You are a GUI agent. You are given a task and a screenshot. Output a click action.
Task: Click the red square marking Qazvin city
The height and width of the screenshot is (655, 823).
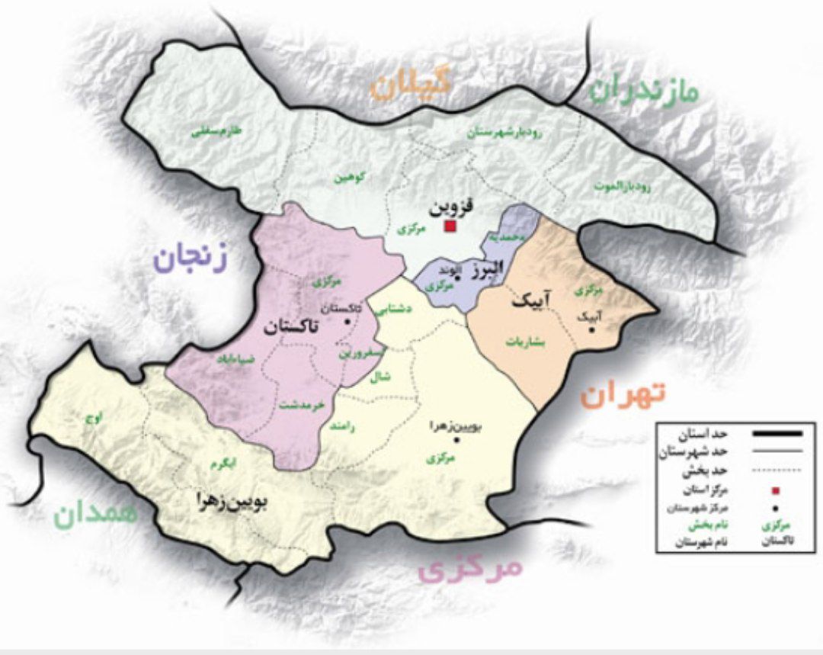pyautogui.click(x=450, y=226)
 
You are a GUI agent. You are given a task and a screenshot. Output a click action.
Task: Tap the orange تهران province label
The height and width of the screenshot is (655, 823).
pyautogui.click(x=623, y=393)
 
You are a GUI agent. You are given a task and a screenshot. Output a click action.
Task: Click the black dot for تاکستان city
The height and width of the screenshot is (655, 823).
pyautogui.click(x=347, y=322)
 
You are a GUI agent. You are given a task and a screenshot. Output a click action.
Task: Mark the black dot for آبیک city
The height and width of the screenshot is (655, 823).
pyautogui.click(x=591, y=329)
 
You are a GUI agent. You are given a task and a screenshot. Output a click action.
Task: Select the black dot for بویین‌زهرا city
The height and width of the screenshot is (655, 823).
pyautogui.click(x=456, y=441)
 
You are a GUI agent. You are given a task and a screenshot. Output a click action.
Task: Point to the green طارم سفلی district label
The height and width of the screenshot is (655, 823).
pyautogui.click(x=215, y=132)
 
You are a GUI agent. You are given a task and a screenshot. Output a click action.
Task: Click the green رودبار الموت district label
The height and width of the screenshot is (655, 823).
pyautogui.click(x=623, y=185)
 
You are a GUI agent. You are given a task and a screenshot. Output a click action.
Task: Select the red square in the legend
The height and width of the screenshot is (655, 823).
pyautogui.click(x=776, y=490)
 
